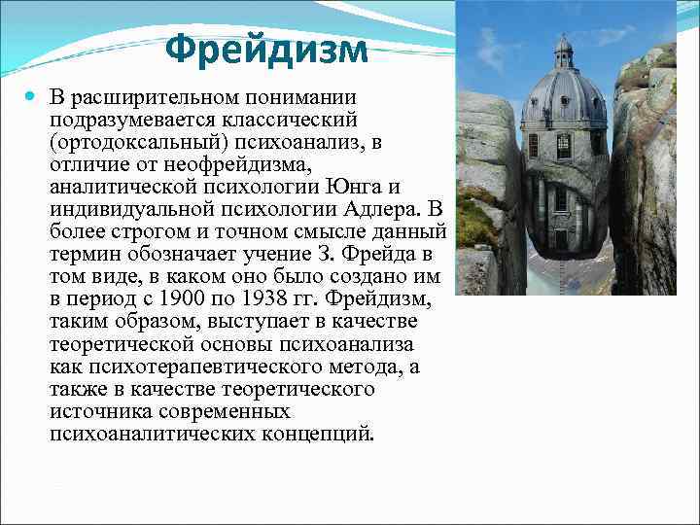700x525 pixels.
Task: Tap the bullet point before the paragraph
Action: point(33,98)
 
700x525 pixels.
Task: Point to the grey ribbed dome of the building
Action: point(564,98)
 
